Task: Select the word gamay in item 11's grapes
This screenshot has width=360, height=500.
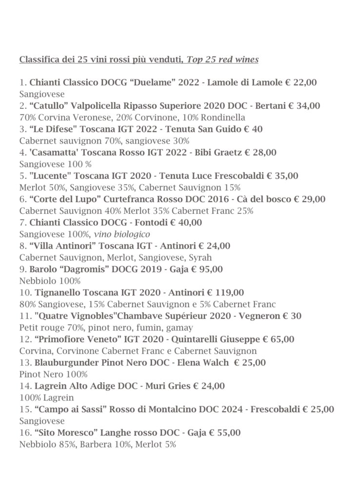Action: [181, 328]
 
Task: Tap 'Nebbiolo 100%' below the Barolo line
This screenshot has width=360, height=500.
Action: [50, 281]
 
